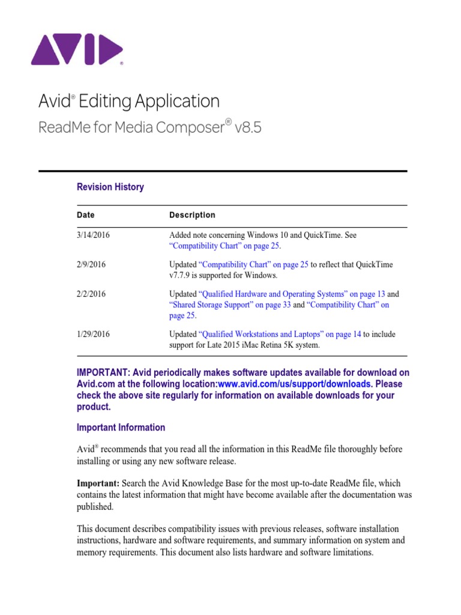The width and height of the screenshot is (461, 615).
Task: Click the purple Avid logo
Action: pos(77,49)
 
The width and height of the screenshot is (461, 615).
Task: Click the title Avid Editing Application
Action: pos(128,101)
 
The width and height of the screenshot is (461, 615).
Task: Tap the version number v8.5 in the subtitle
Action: pos(247,127)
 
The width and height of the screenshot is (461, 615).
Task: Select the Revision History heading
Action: pos(110,187)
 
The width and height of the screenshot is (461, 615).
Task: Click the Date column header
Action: pos(85,215)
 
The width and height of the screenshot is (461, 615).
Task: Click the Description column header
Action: pos(192,215)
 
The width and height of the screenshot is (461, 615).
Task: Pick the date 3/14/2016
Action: pos(93,235)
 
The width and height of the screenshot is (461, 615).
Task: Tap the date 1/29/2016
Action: pos(93,334)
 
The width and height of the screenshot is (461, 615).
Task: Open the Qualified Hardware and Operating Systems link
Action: pos(292,294)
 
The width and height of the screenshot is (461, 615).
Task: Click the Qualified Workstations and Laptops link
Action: pos(280,334)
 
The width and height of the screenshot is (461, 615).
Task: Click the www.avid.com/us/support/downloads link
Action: pos(294,384)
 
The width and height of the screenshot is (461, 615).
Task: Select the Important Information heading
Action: pos(121,428)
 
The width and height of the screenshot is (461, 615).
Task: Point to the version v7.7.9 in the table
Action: pos(181,275)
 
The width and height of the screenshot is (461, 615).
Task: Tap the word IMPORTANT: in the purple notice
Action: pos(104,372)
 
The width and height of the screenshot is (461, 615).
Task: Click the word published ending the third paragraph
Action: pos(95,506)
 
